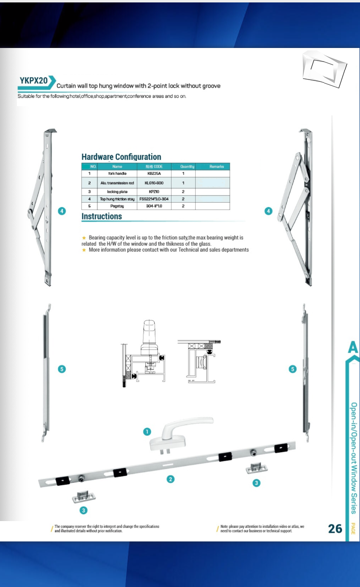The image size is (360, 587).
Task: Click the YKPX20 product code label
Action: coord(34,80)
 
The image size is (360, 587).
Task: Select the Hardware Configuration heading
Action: coord(121,157)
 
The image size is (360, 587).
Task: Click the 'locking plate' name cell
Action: coord(117,192)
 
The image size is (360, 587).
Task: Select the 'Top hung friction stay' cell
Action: coord(117,199)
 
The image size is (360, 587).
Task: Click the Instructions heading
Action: coord(102,216)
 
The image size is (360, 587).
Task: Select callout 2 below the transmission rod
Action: coord(171,479)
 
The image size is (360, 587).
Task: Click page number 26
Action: coord(335,528)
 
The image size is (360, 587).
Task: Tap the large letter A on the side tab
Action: coord(353,347)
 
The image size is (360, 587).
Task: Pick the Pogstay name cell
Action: coord(117,206)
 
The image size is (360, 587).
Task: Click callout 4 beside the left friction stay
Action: coord(62,211)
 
